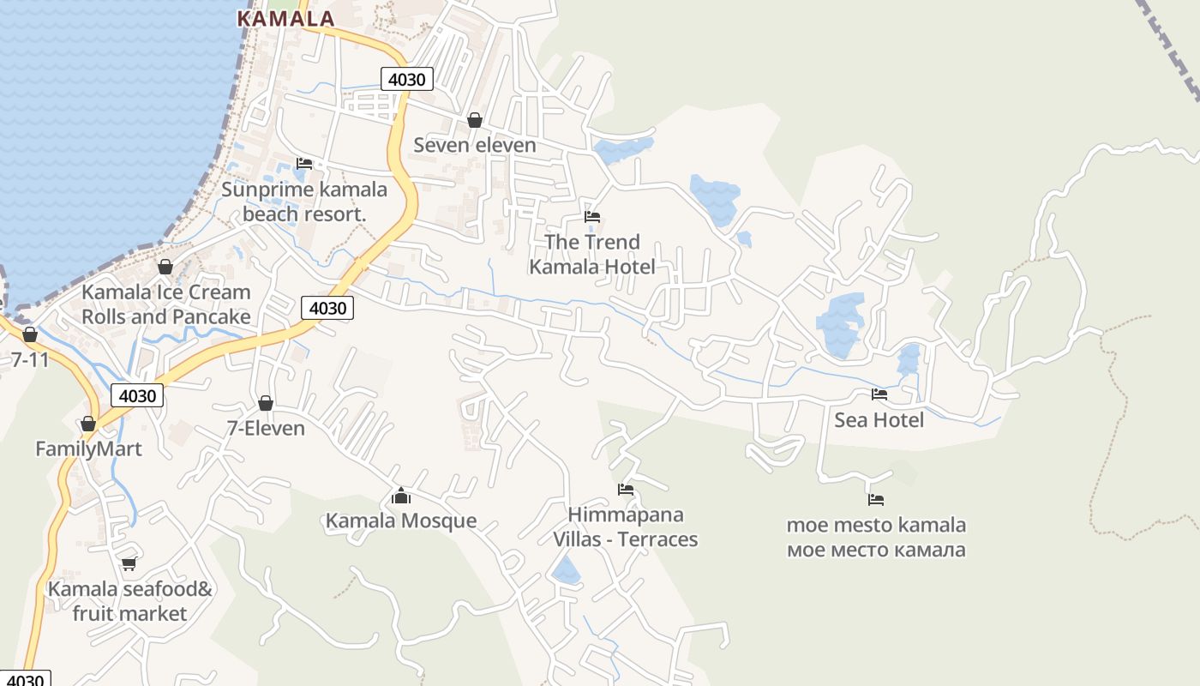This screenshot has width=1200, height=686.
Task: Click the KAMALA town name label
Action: [285, 18]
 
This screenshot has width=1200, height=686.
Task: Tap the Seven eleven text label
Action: [475, 145]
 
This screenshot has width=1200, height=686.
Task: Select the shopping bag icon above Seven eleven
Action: [475, 120]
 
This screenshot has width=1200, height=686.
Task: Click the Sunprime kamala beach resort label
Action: [304, 202]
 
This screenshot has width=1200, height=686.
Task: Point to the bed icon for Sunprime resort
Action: [304, 163]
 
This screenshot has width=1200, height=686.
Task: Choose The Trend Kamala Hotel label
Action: [592, 255]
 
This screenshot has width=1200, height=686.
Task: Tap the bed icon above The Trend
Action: [592, 216]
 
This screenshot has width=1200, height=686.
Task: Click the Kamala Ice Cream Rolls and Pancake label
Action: [166, 304]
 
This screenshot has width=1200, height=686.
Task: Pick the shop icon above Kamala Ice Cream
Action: [165, 267]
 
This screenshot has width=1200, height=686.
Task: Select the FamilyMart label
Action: [88, 448]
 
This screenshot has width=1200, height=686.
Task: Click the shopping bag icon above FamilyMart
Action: [88, 424]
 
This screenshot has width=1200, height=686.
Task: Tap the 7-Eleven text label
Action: [266, 428]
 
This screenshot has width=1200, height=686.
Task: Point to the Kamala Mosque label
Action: [401, 521]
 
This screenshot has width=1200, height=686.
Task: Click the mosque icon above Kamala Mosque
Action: [401, 496]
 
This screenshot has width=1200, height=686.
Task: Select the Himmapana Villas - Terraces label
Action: [626, 527]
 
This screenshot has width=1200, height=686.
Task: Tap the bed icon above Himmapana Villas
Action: [626, 490]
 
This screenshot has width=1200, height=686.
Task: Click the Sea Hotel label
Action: [879, 419]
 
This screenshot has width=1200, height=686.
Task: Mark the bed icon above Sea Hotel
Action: [879, 394]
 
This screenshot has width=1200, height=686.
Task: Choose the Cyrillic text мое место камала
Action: [876, 550]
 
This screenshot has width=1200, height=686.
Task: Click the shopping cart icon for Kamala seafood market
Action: [129, 563]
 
